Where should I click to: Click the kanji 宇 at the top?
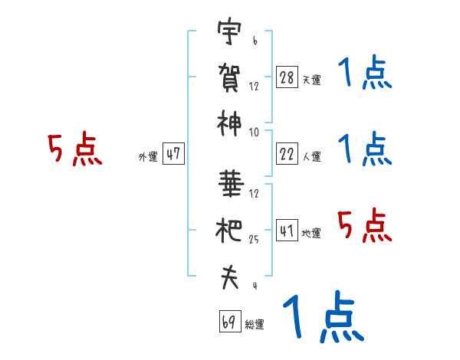pos(229,31)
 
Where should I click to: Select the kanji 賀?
pos(229,77)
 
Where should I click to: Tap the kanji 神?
pos(229,123)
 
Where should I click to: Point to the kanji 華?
pos(231,184)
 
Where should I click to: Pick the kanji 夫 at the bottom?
pos(230,277)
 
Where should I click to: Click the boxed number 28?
pos(287,77)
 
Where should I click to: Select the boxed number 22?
pos(287,153)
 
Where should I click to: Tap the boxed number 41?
pos(287,230)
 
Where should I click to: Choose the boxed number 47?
pos(173,153)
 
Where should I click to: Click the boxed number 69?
pos(230,321)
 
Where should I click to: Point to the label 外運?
pos(148,157)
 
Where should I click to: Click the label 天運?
pos(312,80)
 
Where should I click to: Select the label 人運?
pos(312,156)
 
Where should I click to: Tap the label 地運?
pos(311,234)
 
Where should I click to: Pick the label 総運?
pos(255,325)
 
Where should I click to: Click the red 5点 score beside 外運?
pos(75,149)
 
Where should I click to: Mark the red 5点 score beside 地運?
pos(365,225)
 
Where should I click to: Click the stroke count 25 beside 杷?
pos(254,240)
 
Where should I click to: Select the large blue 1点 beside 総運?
pos(324,316)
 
